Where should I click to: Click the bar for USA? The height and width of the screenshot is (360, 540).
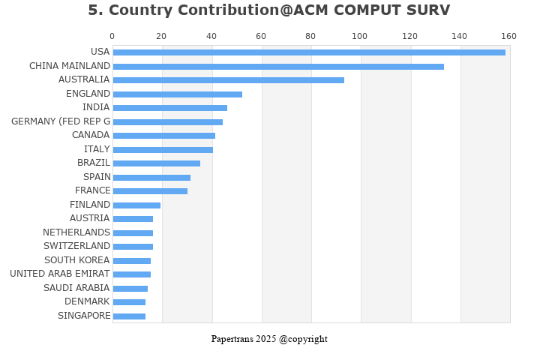click(x=309, y=52)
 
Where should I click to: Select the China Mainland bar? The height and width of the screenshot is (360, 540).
click(x=278, y=67)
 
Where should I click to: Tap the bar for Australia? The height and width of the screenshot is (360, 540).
click(x=229, y=80)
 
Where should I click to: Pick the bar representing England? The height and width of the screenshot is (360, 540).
click(x=178, y=94)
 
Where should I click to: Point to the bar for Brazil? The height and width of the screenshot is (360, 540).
click(x=157, y=163)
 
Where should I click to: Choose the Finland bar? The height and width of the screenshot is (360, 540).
click(x=136, y=205)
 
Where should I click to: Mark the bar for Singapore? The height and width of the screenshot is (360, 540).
click(x=129, y=316)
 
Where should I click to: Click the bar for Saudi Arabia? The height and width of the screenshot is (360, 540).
click(x=130, y=289)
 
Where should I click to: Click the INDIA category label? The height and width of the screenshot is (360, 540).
click(x=96, y=107)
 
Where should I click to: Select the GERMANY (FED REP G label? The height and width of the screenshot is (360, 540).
click(x=61, y=121)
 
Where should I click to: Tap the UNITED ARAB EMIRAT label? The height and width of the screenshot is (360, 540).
click(x=60, y=274)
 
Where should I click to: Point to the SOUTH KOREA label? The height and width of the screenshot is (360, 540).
click(x=76, y=260)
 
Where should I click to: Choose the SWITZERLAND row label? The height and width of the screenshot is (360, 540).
click(x=76, y=246)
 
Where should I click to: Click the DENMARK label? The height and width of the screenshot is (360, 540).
click(x=87, y=301)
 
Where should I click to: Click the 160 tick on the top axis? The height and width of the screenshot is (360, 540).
click(x=509, y=36)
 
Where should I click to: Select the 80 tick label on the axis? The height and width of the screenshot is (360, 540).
click(x=310, y=36)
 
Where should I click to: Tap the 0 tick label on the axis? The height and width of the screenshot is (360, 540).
click(x=112, y=36)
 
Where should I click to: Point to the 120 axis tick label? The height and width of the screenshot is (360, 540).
click(x=410, y=36)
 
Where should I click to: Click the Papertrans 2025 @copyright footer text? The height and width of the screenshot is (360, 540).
click(x=269, y=339)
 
